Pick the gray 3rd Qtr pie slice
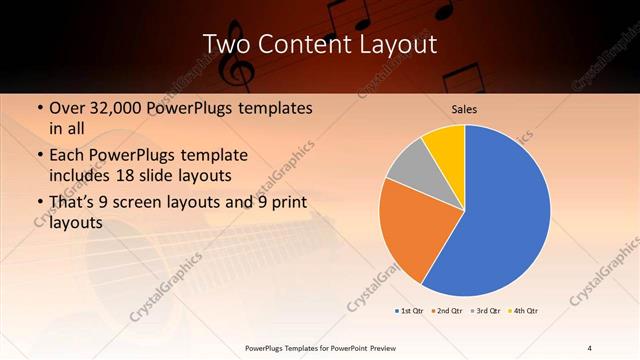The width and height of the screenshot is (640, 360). point(409,167)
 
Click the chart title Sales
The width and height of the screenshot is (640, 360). point(464,108)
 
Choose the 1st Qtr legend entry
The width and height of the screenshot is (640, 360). point(410,311)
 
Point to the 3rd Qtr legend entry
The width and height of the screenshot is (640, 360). point(485,311)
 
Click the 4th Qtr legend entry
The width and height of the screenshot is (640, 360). point(522,311)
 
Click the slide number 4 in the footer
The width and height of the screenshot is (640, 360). point(589,347)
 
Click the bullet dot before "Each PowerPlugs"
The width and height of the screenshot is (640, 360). point(38,155)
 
